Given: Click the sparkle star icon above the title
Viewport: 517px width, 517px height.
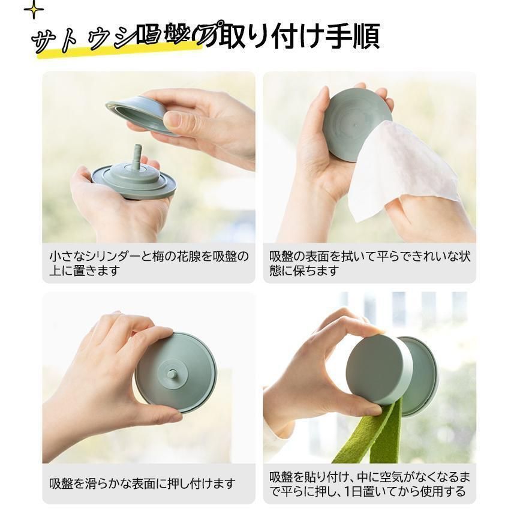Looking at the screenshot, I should [34, 9].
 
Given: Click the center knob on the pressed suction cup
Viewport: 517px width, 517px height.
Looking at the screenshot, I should [173, 375].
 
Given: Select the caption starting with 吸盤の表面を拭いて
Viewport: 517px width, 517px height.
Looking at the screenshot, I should [369, 263].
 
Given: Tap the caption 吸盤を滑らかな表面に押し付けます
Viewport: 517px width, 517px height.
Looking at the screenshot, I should [143, 483].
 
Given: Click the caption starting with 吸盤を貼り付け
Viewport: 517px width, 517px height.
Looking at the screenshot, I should [369, 485].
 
